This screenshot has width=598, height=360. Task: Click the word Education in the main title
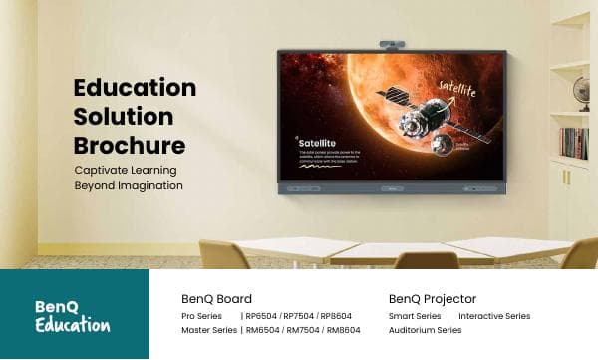point(135,88)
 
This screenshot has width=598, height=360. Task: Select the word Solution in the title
point(124,116)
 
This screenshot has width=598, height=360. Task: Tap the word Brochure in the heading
point(130,145)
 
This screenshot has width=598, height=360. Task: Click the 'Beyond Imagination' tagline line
point(129,185)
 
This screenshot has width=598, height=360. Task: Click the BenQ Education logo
point(71,315)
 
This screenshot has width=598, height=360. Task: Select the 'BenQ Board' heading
point(216,299)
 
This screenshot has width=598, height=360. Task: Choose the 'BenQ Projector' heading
point(433,299)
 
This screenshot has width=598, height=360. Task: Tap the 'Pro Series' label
point(201,316)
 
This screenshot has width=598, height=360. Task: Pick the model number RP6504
point(262,316)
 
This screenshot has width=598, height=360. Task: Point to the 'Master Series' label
point(209,330)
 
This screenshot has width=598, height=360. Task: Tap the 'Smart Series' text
point(415,316)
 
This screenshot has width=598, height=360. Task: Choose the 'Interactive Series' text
point(494,316)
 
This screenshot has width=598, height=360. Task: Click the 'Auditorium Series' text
point(425,330)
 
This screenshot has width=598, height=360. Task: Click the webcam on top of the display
point(392,45)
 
